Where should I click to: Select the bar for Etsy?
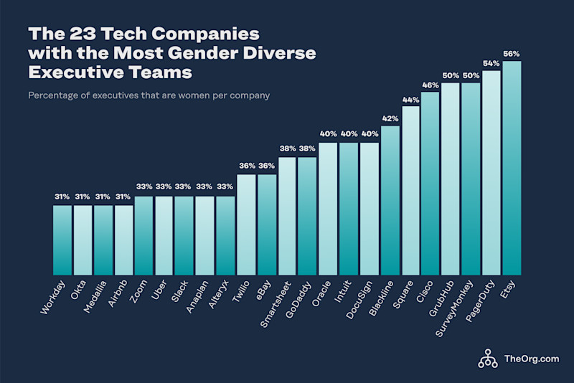[x=512, y=168]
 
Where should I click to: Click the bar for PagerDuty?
[x=491, y=173]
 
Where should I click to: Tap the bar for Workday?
[x=62, y=240]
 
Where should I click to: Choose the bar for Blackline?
[x=390, y=200]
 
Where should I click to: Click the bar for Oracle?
[x=328, y=209]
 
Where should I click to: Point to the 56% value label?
[x=512, y=54]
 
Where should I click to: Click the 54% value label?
[x=491, y=64]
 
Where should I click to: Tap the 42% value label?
[x=390, y=118]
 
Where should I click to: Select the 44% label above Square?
[x=410, y=99]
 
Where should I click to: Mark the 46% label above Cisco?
[x=430, y=85]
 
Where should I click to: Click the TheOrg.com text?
[x=531, y=359]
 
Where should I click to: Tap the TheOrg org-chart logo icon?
[x=488, y=357]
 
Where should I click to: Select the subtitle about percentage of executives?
[x=149, y=95]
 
